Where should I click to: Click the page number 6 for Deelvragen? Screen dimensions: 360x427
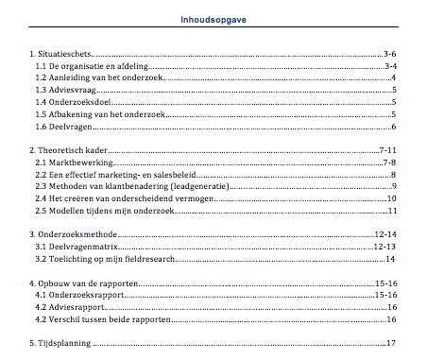point(393,127)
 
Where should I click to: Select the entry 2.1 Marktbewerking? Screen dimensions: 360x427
point(72,163)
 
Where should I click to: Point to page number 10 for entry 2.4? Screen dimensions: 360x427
point(390,197)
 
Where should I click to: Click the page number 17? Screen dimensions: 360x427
point(390,342)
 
